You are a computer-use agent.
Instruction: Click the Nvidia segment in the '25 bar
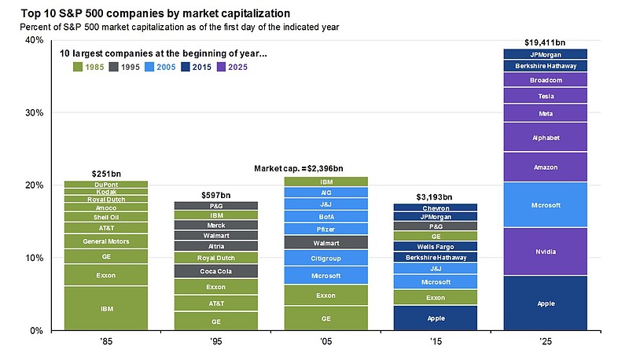(x=546, y=252)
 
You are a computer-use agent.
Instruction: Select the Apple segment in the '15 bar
(x=436, y=318)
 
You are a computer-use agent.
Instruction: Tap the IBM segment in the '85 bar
(x=107, y=309)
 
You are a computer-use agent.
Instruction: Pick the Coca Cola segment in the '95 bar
(x=216, y=271)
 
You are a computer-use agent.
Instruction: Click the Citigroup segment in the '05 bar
(x=326, y=258)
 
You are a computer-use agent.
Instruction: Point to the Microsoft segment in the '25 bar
(x=546, y=205)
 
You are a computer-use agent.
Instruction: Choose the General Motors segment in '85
(x=107, y=241)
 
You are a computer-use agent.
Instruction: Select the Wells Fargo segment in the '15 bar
(x=436, y=247)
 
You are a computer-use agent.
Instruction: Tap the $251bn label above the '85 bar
(x=107, y=174)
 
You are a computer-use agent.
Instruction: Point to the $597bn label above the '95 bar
(x=216, y=195)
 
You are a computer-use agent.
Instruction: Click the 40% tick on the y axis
(x=33, y=40)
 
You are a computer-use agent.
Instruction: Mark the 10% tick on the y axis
(x=33, y=258)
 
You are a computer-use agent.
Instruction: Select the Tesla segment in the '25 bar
(x=546, y=96)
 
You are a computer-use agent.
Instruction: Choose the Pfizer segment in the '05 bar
(x=326, y=229)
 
